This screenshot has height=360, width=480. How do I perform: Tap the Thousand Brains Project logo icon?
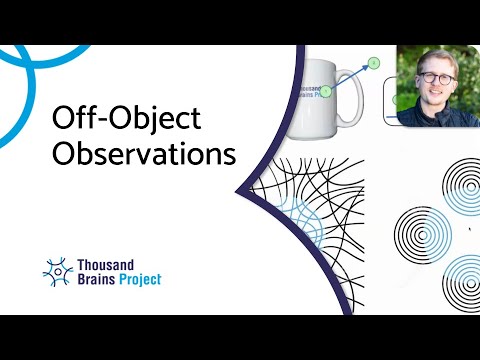[x=58, y=269]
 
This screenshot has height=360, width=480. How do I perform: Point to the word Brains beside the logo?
[x=96, y=280]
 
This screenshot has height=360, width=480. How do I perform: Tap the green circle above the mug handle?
[x=374, y=63]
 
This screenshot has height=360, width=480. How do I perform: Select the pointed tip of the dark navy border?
[x=238, y=188]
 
